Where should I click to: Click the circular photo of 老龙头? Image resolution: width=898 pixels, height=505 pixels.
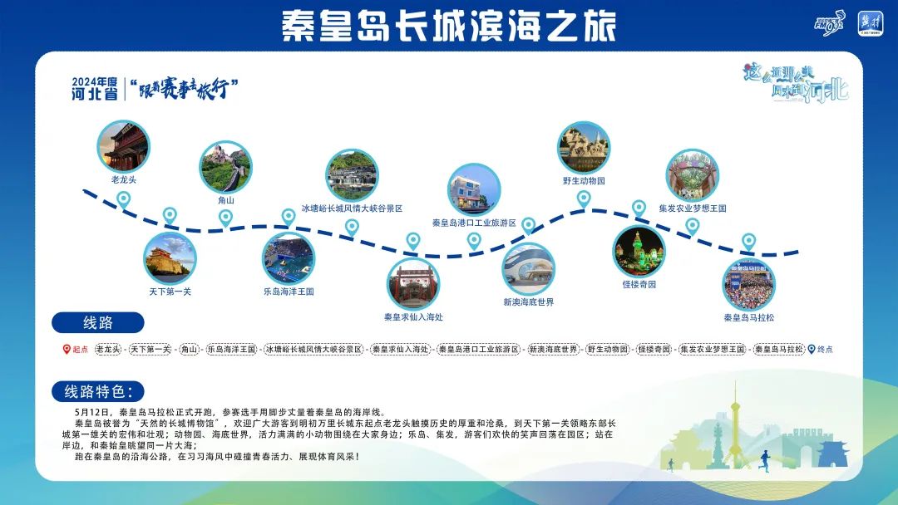(123, 146)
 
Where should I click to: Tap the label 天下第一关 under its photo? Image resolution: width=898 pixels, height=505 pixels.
(170, 292)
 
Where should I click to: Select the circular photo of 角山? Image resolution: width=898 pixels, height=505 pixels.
(225, 167)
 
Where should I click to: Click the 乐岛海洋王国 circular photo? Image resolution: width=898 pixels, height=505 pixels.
(289, 258)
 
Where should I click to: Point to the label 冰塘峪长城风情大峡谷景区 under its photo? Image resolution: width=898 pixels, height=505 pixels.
(352, 208)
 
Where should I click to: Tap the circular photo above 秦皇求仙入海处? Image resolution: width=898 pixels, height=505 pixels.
(413, 284)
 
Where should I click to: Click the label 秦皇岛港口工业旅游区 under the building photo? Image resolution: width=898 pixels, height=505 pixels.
(474, 223)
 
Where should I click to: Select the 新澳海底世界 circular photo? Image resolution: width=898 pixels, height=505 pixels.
(528, 268)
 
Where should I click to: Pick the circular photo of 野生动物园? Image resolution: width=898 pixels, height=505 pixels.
(584, 148)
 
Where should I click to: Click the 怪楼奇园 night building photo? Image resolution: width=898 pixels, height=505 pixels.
(639, 252)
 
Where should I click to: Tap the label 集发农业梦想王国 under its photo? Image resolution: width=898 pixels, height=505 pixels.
(692, 208)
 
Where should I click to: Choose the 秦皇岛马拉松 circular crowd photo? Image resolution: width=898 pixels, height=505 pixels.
(748, 285)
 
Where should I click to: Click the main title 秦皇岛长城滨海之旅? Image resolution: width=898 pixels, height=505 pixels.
(449, 26)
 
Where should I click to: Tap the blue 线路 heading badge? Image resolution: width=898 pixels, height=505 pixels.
(98, 322)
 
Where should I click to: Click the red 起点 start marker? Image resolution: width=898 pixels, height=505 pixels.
(76, 350)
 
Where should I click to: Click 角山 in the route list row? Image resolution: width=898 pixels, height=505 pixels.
(190, 350)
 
